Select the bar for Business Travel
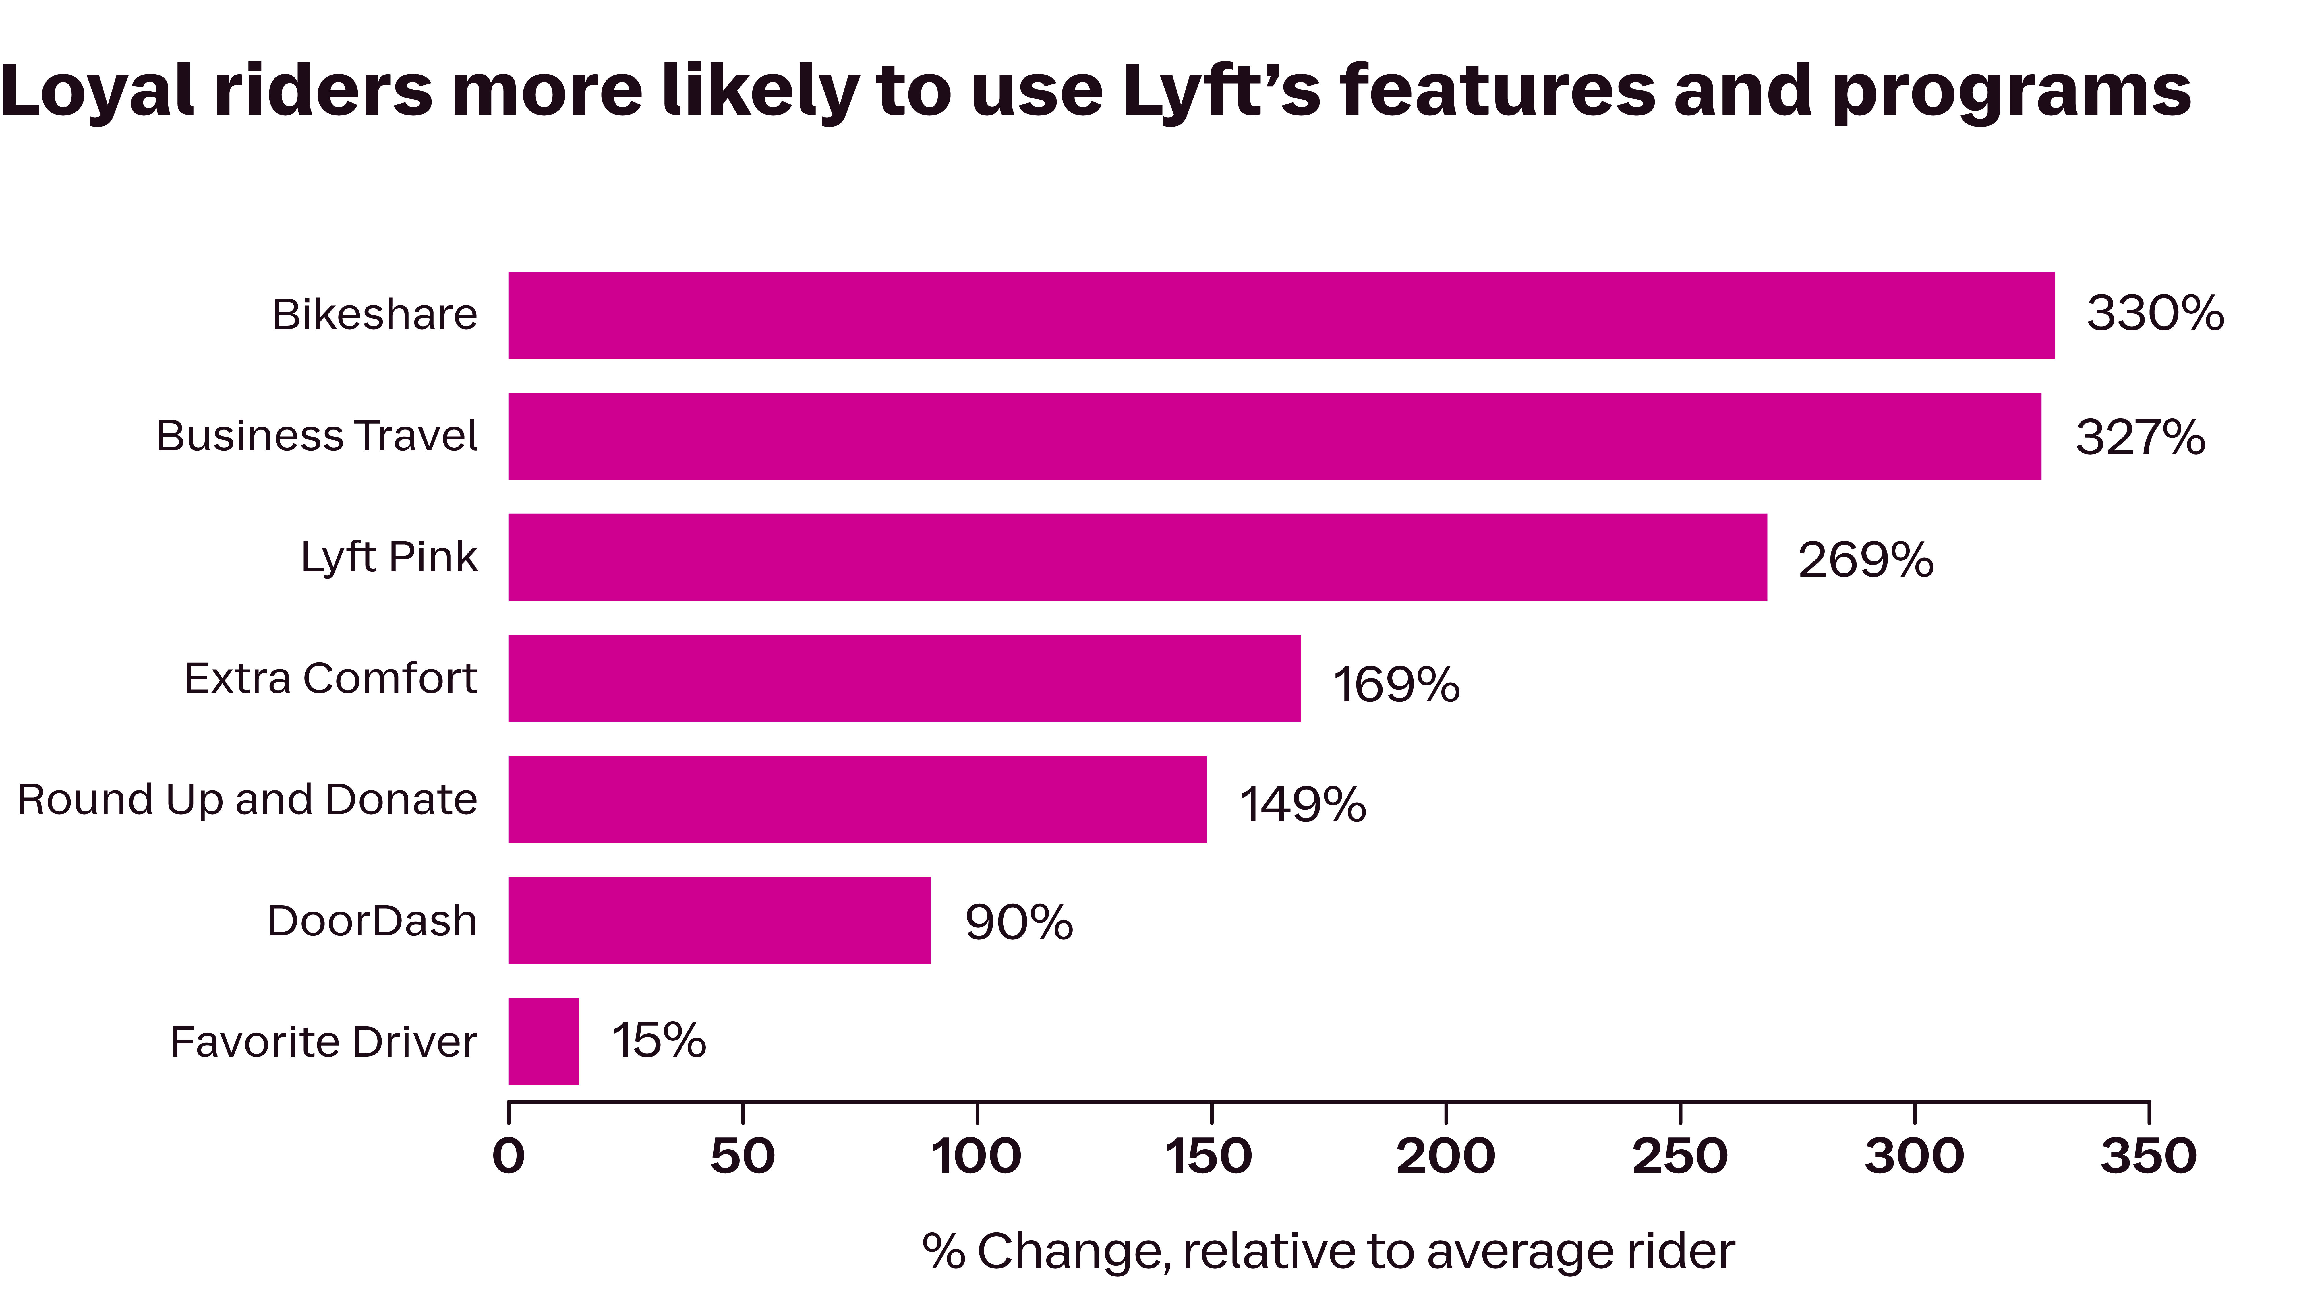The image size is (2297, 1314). click(1275, 436)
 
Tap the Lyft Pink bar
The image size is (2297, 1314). click(1137, 557)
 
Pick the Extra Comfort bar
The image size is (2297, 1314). click(904, 678)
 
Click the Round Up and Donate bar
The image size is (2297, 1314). click(857, 799)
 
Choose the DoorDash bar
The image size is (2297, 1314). click(719, 920)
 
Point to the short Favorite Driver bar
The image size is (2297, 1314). click(543, 1040)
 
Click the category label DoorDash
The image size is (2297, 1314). click(372, 920)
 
